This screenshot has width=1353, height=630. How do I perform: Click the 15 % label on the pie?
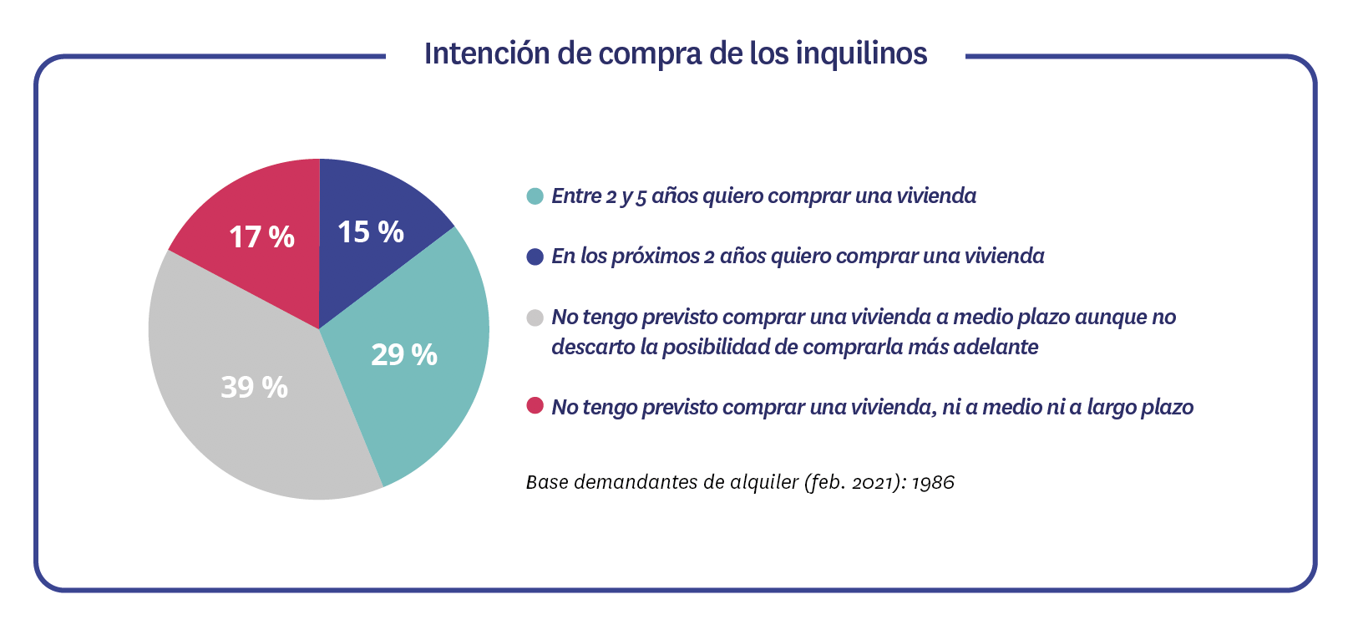[370, 232]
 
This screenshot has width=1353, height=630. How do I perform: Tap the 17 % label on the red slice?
[261, 237]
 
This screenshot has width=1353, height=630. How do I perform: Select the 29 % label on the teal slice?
[404, 355]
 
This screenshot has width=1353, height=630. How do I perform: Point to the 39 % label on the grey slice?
[254, 387]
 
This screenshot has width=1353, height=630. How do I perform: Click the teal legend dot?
[535, 196]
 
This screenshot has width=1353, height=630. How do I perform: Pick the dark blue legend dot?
[535, 257]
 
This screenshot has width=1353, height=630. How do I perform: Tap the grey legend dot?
[535, 318]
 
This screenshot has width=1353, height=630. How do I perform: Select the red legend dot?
[535, 406]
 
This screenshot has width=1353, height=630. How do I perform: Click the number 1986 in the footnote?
[932, 483]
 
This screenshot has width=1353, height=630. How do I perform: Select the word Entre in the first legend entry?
[576, 196]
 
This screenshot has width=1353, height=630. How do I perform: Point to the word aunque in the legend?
[1111, 318]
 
